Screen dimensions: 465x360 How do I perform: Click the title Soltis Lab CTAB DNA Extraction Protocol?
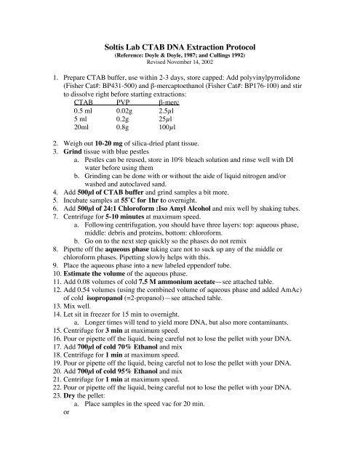(180, 46)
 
